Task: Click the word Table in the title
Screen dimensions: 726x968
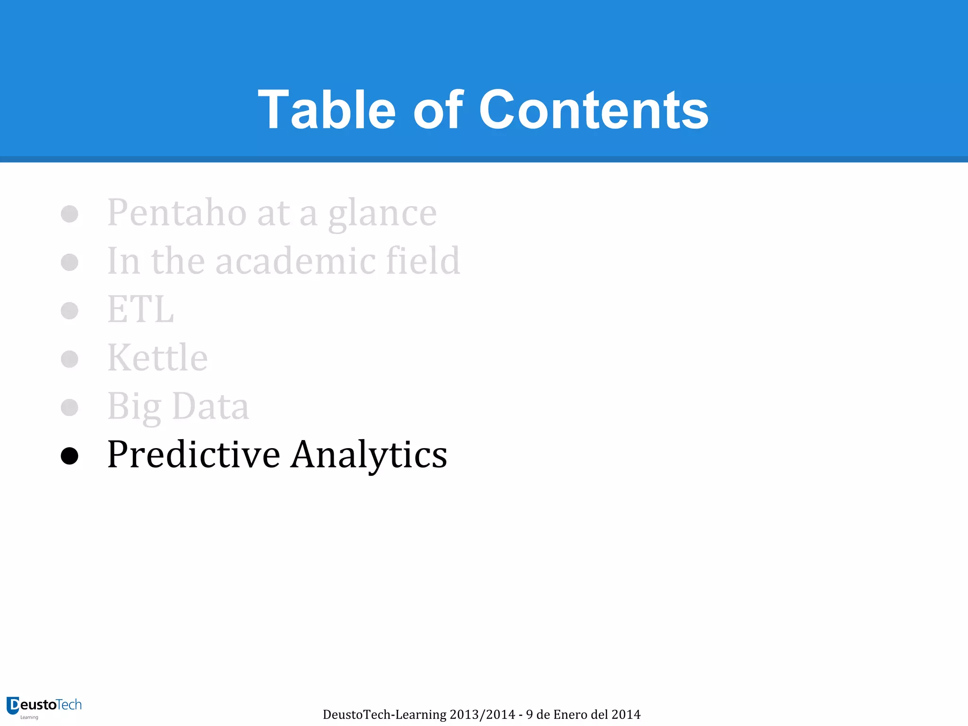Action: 327,110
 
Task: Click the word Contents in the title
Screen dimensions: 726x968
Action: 593,110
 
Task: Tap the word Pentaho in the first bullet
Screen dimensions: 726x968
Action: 177,213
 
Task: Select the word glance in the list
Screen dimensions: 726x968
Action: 382,214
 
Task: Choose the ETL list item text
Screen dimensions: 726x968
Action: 140,310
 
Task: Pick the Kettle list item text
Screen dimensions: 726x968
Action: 157,358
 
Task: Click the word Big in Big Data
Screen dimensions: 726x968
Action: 134,406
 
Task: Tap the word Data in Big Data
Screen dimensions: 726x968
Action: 210,406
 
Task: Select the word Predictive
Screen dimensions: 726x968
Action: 194,455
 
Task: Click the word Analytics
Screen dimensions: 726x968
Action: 369,455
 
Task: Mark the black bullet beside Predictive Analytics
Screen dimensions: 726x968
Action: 69,456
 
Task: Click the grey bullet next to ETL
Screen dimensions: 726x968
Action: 69,311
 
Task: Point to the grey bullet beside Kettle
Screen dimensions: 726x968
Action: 69,359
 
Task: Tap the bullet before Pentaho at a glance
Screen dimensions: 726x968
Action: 69,214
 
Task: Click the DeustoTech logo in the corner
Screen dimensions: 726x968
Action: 44,707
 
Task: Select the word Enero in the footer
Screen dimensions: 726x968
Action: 570,715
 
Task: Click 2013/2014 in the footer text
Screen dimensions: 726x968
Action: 482,715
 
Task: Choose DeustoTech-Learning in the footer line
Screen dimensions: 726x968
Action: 384,715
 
